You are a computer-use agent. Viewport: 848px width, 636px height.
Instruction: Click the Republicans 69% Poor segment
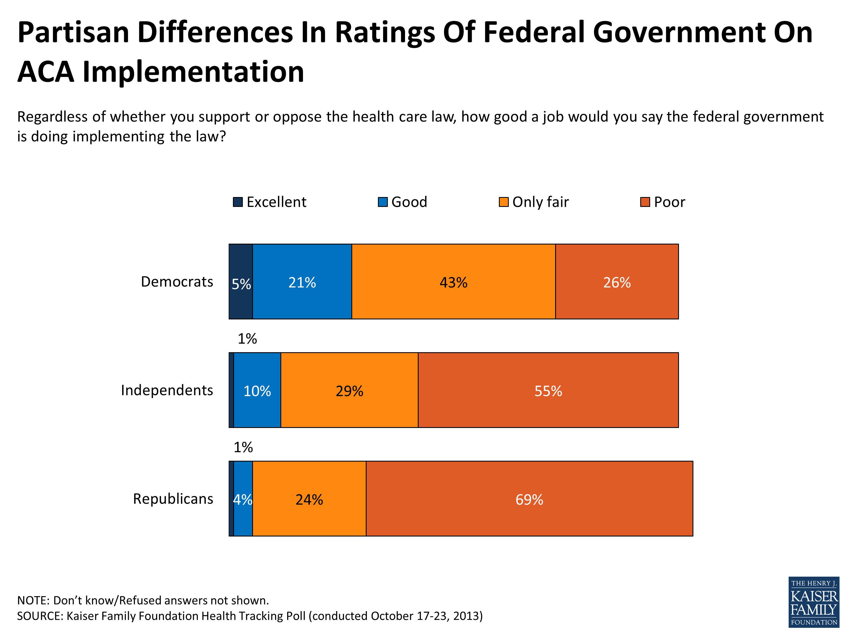529,499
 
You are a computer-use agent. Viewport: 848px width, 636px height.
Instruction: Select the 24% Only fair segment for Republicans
309,499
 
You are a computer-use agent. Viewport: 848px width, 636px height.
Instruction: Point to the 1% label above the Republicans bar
243,447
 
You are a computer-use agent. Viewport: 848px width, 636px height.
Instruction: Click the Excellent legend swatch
238,202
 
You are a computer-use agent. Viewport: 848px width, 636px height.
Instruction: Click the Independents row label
167,390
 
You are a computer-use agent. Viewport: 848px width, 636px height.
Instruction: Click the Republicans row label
173,498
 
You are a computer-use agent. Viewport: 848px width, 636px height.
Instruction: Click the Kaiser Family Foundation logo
813,602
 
